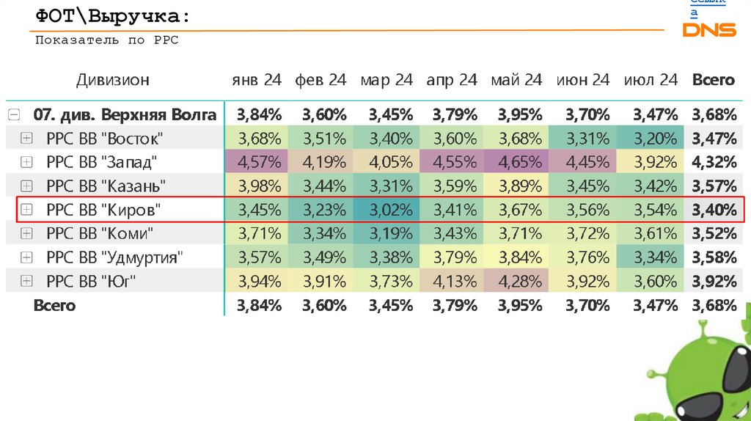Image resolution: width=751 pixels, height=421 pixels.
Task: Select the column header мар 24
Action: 387,80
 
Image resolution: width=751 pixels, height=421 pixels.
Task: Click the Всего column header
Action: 713,80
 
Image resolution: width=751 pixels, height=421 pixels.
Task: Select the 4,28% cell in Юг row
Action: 520,282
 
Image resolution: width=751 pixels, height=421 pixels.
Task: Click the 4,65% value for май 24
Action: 520,162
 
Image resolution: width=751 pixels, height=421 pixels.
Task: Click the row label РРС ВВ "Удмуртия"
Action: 114,258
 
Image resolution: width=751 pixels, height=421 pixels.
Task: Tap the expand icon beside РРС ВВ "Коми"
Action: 27,234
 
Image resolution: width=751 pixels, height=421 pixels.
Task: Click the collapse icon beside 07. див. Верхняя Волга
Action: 13,114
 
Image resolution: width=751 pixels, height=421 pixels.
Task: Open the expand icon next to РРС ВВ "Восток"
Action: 27,138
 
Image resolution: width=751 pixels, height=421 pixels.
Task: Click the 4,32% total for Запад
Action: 714,162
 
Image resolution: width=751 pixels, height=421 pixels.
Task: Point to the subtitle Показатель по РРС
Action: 107,41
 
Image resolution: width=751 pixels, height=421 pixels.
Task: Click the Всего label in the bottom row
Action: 54,306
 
